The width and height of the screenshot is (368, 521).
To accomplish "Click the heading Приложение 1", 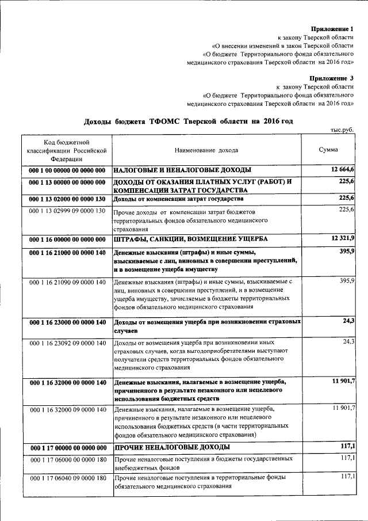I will (x=332, y=28).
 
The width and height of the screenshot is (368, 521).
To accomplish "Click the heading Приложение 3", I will (x=332, y=78).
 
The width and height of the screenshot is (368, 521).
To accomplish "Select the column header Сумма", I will (x=328, y=150).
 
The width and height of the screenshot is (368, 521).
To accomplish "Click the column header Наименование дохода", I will (x=206, y=150).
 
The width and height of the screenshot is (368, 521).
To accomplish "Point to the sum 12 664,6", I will (x=343, y=169).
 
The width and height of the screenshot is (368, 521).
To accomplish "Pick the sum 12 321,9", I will (x=343, y=238).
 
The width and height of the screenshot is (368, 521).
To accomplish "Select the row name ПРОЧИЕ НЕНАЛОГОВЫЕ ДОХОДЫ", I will (x=172, y=447).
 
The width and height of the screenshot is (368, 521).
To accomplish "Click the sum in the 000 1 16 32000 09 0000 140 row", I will (x=343, y=408).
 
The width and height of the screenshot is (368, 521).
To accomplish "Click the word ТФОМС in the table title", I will (x=166, y=121).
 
